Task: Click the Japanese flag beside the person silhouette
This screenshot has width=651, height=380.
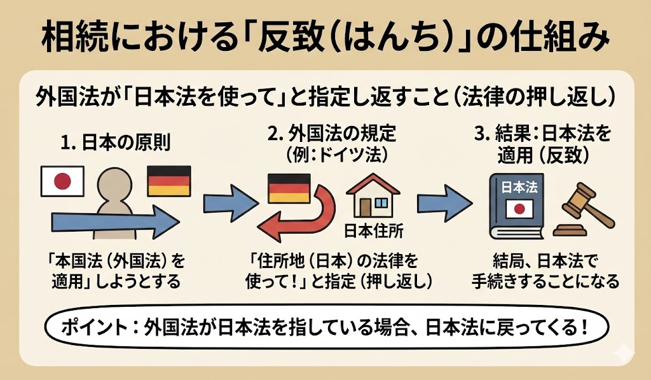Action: (62, 181)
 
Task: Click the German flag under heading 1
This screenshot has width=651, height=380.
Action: (168, 181)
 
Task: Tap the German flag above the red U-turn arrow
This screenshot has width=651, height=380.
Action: (289, 188)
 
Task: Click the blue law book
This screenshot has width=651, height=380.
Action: (514, 204)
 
